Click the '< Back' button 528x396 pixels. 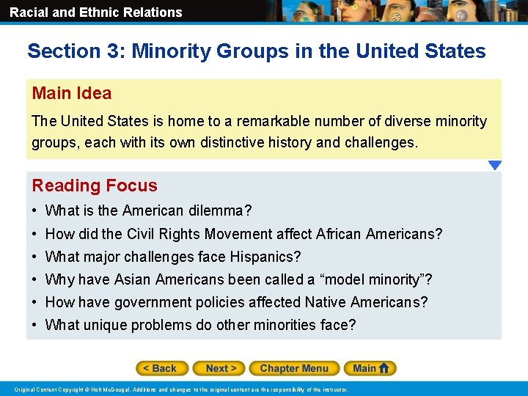[162, 368]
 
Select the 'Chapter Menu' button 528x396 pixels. [294, 368]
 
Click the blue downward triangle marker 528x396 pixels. [495, 166]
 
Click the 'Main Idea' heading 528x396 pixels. [72, 93]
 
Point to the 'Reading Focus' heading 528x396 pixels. [95, 186]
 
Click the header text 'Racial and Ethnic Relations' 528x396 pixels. [96, 12]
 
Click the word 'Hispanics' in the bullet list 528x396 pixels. [267, 257]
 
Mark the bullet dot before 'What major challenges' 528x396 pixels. [35, 257]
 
